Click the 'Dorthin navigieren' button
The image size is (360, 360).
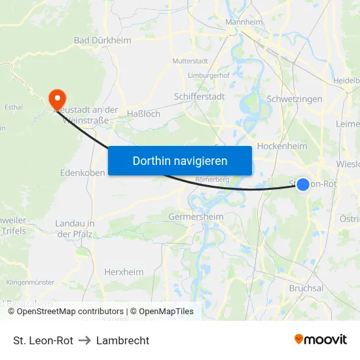(179, 160)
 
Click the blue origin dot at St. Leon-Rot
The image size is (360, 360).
(303, 185)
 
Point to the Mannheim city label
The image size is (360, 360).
(243, 22)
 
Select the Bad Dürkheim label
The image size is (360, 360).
(102, 41)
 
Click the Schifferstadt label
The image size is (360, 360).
(199, 97)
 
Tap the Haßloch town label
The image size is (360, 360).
(143, 114)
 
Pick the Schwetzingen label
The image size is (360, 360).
(295, 99)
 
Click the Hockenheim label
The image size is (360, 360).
(282, 146)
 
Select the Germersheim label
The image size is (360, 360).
(196, 217)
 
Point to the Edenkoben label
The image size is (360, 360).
(83, 173)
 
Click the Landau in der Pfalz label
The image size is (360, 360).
(75, 228)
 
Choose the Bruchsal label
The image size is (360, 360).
(306, 288)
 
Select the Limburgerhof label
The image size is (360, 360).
(209, 76)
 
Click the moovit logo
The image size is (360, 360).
(320, 340)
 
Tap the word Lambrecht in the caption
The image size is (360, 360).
(122, 340)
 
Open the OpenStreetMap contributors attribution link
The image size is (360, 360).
(70, 312)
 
